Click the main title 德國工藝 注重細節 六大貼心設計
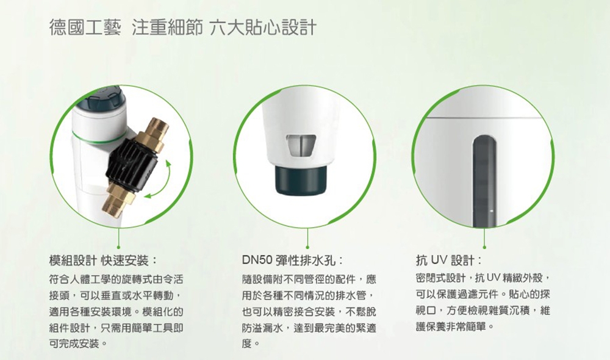(x=183, y=28)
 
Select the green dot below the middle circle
(x=309, y=247)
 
